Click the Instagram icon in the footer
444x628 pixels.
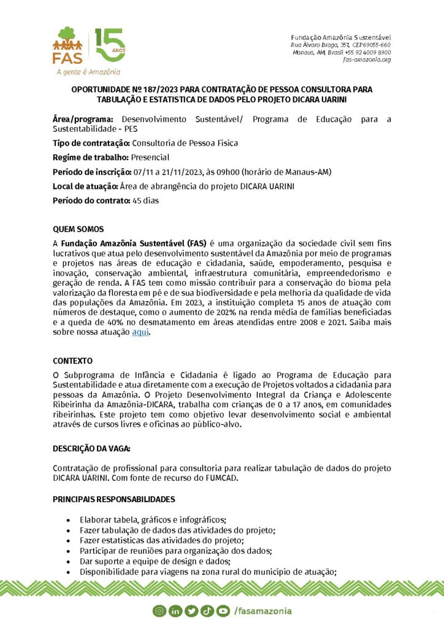pos(161,610)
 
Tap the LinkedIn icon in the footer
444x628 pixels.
pos(175,610)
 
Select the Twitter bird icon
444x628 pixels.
pos(191,610)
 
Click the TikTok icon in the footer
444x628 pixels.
pos(206,610)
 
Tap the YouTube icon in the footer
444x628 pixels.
pos(221,610)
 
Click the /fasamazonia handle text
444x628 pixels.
pos(263,610)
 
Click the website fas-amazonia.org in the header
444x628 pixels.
pos(367,59)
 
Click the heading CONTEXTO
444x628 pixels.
pos(72,361)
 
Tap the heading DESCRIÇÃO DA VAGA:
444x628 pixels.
pos(91,449)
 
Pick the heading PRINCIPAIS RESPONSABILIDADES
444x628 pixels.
pos(114,499)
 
